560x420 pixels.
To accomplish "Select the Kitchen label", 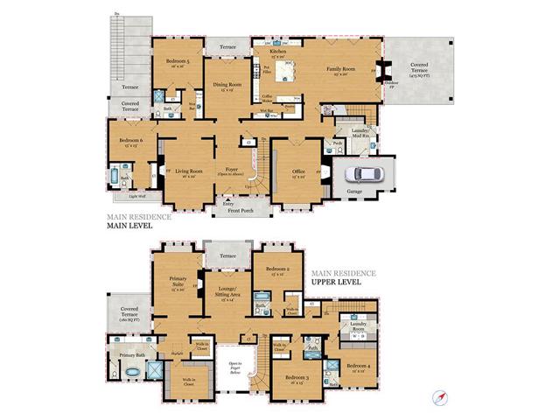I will pos(278,52).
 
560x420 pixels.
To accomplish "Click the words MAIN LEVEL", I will pos(131,225).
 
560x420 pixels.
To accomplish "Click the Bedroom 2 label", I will pos(278,269).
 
